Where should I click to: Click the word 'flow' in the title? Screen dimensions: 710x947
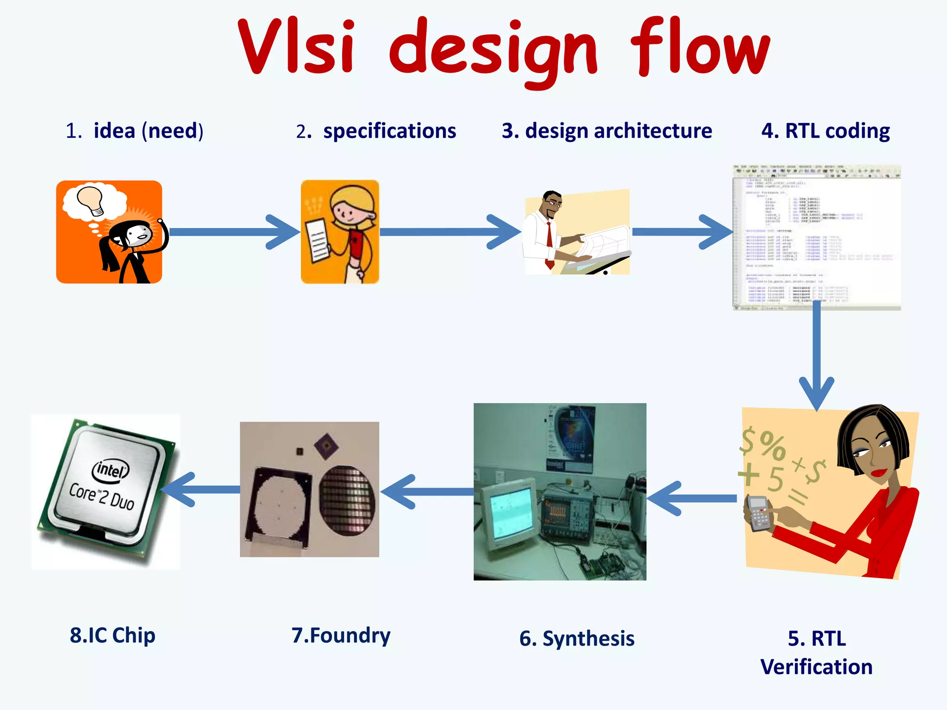(701, 49)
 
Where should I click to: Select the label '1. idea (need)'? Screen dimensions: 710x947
(135, 131)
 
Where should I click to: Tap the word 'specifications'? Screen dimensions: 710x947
(389, 131)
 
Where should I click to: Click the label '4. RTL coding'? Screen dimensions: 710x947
(825, 131)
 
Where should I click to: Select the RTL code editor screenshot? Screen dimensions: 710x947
(817, 237)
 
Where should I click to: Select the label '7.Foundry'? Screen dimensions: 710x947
(341, 635)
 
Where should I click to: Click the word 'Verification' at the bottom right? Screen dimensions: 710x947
(817, 667)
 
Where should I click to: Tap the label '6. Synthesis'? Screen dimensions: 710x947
(577, 639)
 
